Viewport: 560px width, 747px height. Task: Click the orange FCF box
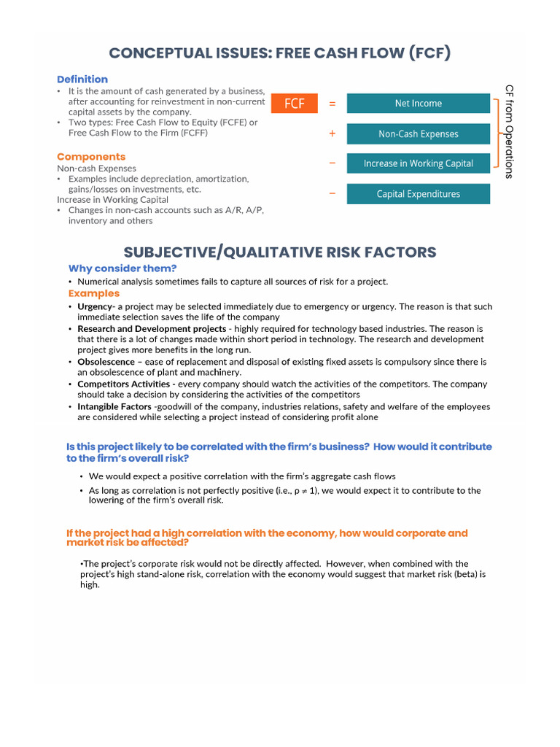point(295,104)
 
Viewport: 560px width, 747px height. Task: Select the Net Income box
point(418,104)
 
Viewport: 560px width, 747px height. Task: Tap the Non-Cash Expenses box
point(418,134)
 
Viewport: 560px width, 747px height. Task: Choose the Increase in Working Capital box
point(418,164)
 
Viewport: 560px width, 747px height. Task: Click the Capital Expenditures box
point(418,194)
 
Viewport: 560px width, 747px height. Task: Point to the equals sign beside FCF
point(332,104)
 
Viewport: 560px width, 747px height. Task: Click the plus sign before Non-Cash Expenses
point(332,134)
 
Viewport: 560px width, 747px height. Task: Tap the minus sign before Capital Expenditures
point(332,194)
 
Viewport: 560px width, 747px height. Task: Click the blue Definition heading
point(82,80)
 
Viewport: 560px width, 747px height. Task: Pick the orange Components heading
point(91,157)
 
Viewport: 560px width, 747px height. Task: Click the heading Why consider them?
point(122,268)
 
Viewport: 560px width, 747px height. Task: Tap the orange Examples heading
point(93,293)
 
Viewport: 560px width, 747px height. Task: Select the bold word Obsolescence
point(106,362)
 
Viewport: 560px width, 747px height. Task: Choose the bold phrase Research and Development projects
point(152,329)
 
